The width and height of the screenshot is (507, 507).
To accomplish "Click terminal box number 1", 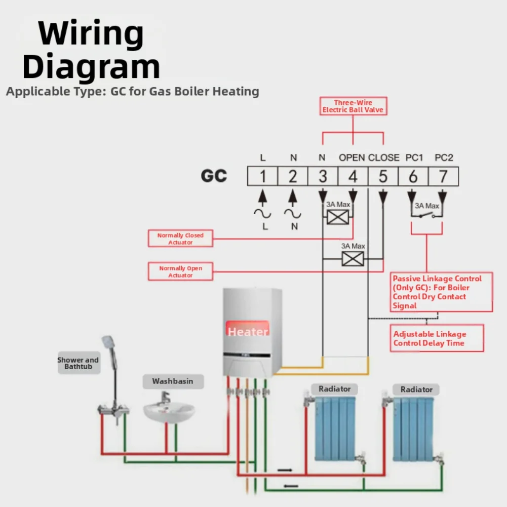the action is [262, 176].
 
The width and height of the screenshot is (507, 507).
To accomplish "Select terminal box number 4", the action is [353, 176].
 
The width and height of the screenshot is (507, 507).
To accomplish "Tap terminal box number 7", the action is [443, 176].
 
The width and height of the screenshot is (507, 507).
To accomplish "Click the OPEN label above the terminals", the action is [352, 158].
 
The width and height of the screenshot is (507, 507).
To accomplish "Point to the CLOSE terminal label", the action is [384, 158].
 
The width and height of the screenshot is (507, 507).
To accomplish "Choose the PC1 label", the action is [414, 158].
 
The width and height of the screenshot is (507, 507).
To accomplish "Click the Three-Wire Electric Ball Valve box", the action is [353, 106].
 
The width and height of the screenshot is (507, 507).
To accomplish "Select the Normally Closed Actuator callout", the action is [180, 239].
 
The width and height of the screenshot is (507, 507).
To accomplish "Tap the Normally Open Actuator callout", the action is [180, 271].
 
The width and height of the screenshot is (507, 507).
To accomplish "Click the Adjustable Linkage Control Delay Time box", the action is [437, 338].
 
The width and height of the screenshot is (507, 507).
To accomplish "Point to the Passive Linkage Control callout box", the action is [441, 292].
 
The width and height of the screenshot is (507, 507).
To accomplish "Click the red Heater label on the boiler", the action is [248, 329].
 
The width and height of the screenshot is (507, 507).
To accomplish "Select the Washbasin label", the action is [173, 381].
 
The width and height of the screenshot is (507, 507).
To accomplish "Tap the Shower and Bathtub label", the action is [78, 363].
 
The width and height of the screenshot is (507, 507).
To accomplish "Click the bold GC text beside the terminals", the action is [214, 176].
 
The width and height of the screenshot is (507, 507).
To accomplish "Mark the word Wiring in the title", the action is [91, 33].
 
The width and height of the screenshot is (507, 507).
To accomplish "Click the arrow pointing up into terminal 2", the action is [293, 198].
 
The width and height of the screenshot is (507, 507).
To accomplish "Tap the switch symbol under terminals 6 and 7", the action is [426, 215].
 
